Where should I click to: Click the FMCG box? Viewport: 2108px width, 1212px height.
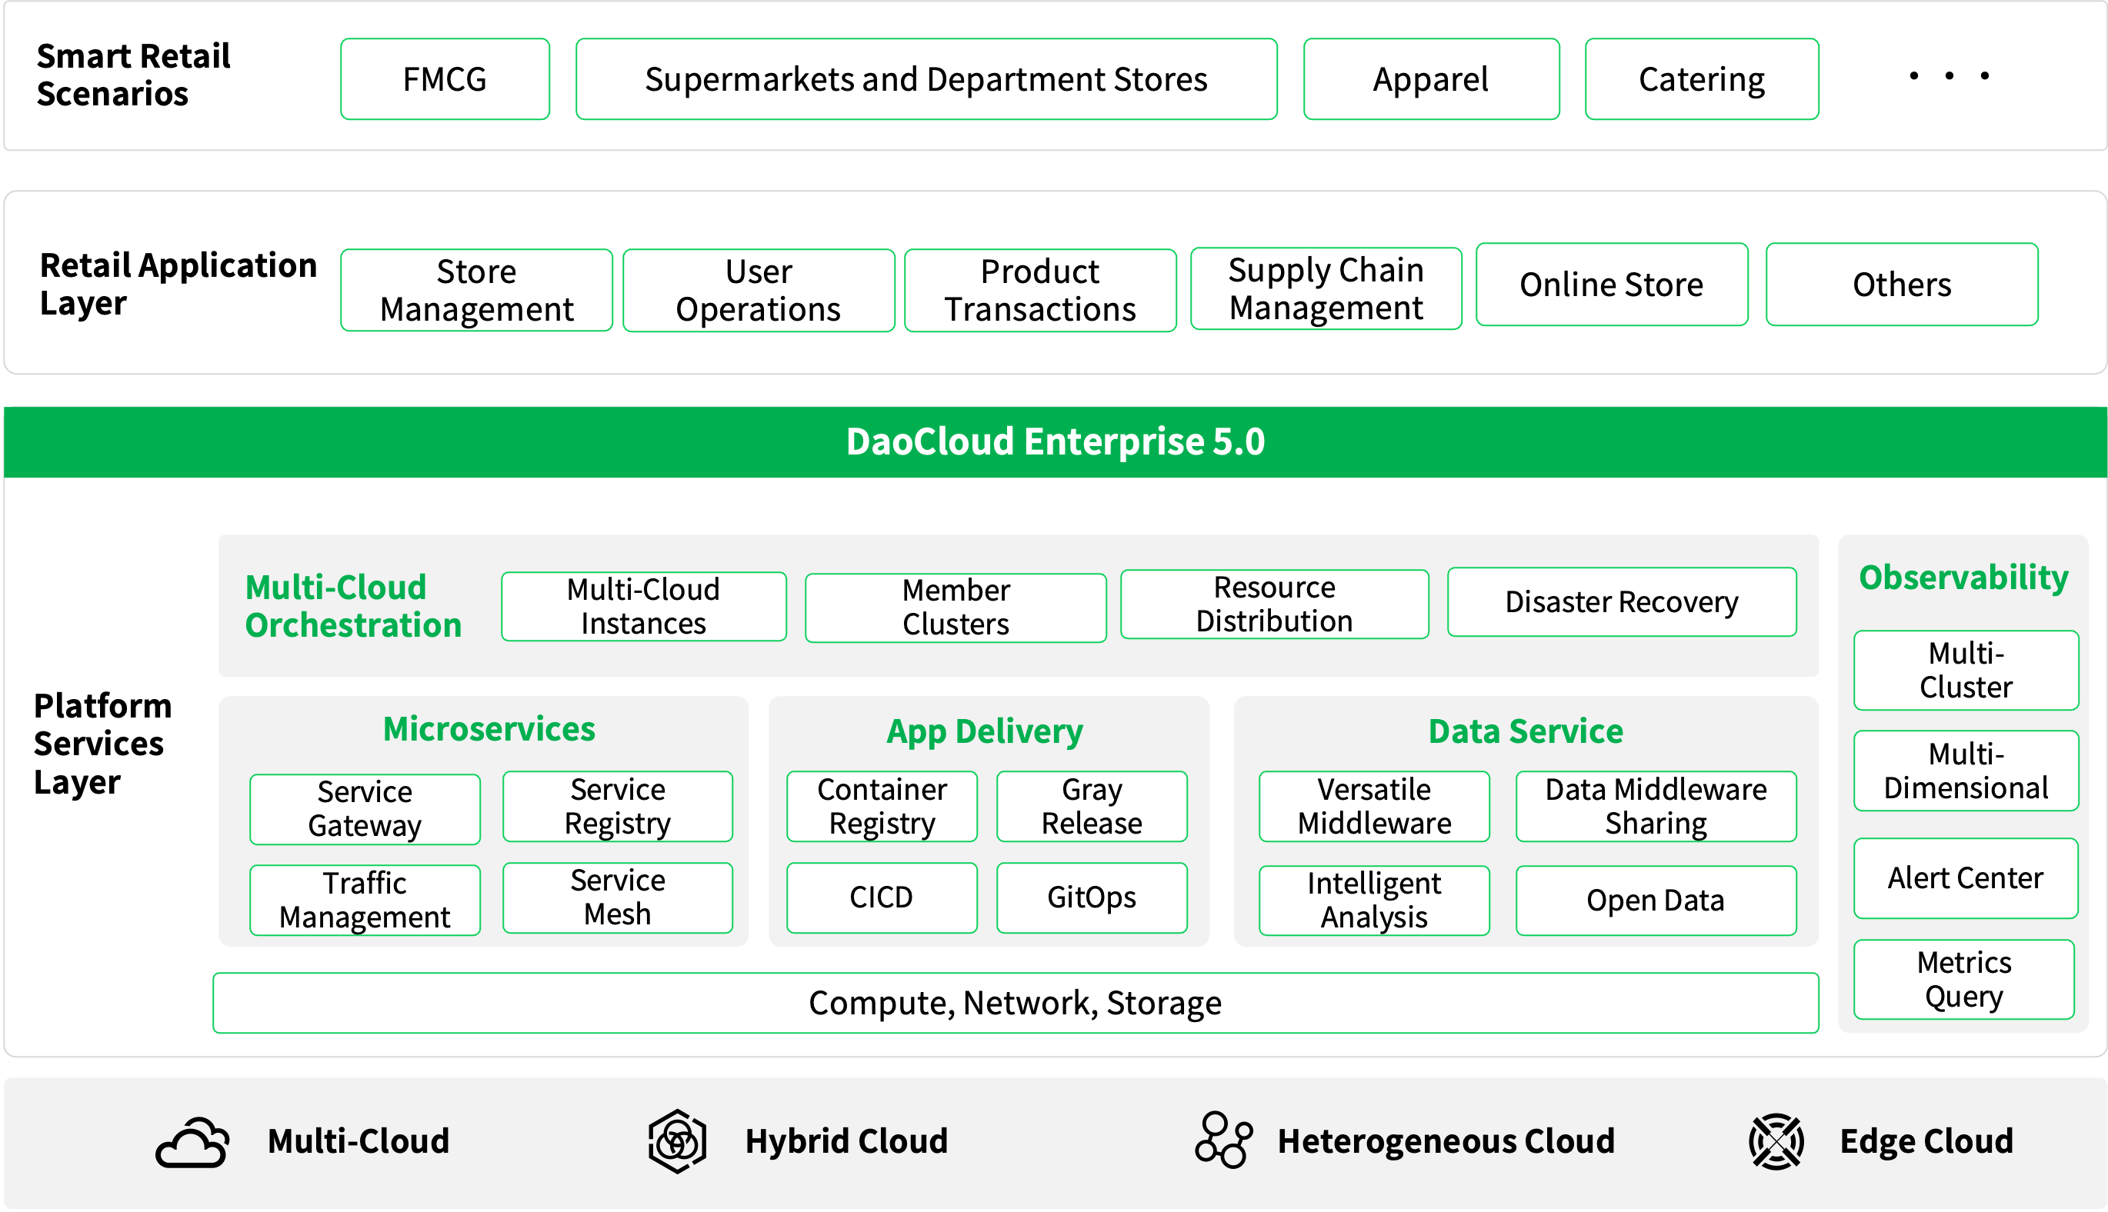(445, 79)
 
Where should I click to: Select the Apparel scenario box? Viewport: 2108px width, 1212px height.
(1430, 79)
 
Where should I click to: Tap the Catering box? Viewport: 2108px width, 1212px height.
(1701, 79)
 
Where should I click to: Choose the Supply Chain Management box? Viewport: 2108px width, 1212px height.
(1326, 289)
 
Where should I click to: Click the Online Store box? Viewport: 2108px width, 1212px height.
(1611, 285)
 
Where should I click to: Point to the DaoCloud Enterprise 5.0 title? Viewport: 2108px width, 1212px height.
(1055, 441)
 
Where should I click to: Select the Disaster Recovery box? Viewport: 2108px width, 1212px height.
(1621, 602)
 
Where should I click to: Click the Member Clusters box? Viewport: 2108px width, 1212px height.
(955, 608)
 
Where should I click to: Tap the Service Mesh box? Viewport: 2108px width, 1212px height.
(617, 897)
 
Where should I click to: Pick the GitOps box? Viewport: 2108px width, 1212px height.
(1091, 897)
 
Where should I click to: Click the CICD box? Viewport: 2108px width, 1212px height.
(881, 897)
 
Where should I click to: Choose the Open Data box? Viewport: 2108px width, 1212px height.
(1655, 901)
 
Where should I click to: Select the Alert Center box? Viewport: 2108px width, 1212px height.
(1965, 878)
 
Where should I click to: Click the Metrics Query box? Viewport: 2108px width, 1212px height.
(1963, 979)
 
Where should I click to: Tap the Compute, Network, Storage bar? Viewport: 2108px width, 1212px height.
(1015, 1003)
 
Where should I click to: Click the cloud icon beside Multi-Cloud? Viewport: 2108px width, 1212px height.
(192, 1142)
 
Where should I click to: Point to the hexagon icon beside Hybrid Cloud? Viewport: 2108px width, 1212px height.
(677, 1140)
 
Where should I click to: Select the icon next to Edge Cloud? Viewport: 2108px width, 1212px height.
(1776, 1141)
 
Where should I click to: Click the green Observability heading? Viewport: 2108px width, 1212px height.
(1963, 577)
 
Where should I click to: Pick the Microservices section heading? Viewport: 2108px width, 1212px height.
(489, 728)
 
